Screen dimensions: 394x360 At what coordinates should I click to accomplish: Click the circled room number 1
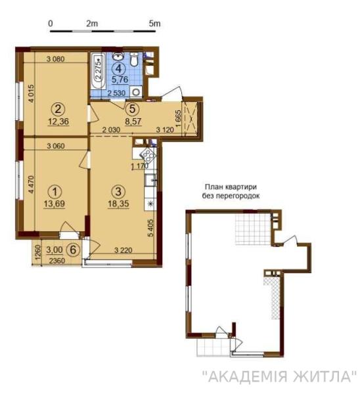[x=56, y=191]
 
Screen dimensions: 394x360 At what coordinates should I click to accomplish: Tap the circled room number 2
[x=58, y=109]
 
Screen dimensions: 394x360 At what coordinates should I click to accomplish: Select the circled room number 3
[x=118, y=192]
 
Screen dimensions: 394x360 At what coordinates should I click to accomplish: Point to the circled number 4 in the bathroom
[x=120, y=67]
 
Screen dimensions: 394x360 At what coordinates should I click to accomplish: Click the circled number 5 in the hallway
[x=133, y=110]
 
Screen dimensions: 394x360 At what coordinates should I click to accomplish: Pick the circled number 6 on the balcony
[x=74, y=250]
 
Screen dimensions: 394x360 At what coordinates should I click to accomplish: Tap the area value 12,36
[x=58, y=121]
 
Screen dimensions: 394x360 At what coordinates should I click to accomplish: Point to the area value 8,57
[x=134, y=121]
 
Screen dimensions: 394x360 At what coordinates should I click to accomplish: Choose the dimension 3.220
[x=124, y=250]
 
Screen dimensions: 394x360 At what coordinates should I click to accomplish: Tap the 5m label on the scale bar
[x=155, y=23]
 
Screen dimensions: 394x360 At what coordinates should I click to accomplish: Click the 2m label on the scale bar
[x=91, y=23]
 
